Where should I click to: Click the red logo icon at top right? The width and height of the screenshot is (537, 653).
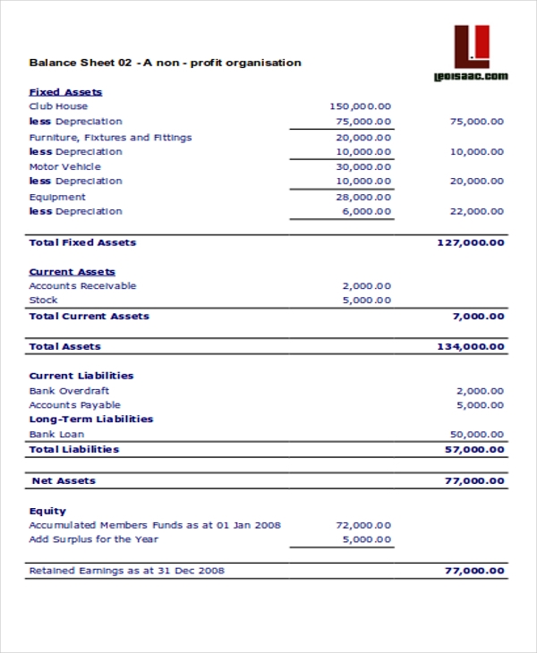click(x=472, y=46)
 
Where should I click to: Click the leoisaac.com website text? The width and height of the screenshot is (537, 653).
click(x=471, y=77)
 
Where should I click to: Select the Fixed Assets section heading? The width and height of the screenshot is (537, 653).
click(x=65, y=92)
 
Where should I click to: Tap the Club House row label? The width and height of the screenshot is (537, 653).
click(x=58, y=106)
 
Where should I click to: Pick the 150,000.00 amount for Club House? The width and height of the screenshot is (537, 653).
click(x=361, y=106)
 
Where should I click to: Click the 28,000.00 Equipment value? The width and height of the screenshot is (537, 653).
click(x=363, y=197)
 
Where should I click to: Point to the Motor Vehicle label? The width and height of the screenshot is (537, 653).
click(x=64, y=166)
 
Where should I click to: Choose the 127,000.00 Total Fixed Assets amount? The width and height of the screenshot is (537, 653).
click(x=470, y=242)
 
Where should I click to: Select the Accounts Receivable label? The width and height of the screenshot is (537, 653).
click(x=82, y=286)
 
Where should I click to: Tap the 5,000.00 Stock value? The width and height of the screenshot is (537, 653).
click(x=367, y=301)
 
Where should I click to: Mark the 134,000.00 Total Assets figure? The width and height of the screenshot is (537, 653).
click(x=470, y=346)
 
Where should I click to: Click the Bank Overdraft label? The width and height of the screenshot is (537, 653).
click(x=70, y=391)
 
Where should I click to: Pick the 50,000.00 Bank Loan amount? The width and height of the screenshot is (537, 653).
click(x=477, y=435)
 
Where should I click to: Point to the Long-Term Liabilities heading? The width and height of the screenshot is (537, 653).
click(x=90, y=419)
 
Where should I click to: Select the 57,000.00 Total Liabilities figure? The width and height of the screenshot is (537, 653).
click(x=473, y=449)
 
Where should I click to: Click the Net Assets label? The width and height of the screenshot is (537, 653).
click(x=64, y=480)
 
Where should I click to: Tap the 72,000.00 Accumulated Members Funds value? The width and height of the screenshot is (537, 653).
click(x=363, y=525)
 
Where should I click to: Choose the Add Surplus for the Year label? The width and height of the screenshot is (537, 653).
click(x=93, y=539)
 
